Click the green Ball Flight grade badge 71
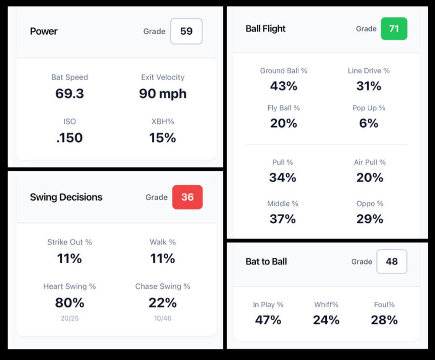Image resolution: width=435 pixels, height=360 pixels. click(x=394, y=29)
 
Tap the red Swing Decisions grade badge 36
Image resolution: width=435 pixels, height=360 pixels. click(x=187, y=197)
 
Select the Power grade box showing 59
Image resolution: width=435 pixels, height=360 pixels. click(x=186, y=31)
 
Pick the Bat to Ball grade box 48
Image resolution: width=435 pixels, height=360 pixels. click(x=391, y=262)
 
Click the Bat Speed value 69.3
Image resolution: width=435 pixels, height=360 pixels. click(x=70, y=93)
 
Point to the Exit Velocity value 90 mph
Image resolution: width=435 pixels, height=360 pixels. click(x=162, y=93)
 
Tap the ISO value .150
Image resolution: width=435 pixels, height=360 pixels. click(x=70, y=138)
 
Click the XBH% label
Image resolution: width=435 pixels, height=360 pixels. click(x=162, y=121)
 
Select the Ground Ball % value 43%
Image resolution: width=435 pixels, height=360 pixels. click(x=284, y=86)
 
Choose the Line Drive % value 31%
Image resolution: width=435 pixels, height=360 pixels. click(x=369, y=86)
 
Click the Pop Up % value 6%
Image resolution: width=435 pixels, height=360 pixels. click(x=369, y=123)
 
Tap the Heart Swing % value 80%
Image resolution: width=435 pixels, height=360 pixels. click(x=70, y=303)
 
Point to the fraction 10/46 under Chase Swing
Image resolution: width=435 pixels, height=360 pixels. click(x=162, y=318)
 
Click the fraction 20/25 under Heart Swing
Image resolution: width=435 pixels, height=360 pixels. click(x=70, y=318)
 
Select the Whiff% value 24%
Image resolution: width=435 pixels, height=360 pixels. click(x=326, y=320)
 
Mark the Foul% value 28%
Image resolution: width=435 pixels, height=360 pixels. click(x=384, y=320)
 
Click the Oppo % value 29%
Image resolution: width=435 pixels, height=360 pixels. click(x=370, y=219)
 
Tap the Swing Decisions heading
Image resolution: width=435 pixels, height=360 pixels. click(x=66, y=197)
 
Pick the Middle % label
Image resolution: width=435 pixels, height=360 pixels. click(x=283, y=204)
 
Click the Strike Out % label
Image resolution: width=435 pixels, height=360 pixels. click(x=70, y=242)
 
